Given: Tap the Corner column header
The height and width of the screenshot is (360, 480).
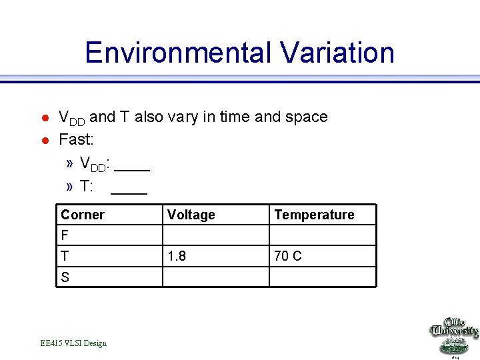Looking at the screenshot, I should [x=83, y=215].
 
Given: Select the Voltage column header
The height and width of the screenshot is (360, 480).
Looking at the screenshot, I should [x=191, y=215].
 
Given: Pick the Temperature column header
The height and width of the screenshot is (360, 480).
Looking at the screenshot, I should [x=314, y=215].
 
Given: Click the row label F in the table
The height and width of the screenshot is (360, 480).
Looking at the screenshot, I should [x=65, y=235].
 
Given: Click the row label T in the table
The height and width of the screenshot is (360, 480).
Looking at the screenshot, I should [x=65, y=256].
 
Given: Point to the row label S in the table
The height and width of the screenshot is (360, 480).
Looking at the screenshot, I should [x=65, y=277].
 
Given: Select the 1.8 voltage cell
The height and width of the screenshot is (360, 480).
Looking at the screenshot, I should [x=177, y=256].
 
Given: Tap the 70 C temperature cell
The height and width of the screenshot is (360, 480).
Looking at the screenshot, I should [x=288, y=256].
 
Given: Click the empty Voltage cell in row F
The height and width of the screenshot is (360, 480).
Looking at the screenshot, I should [x=215, y=235].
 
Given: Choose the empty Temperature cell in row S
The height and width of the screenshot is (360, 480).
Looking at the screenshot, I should [x=322, y=277].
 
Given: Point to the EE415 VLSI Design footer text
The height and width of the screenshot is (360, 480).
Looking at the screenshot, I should [x=73, y=343].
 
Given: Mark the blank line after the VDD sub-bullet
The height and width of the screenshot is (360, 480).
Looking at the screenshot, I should [x=137, y=169].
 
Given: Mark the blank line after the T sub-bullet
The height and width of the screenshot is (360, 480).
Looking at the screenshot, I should [x=129, y=193].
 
